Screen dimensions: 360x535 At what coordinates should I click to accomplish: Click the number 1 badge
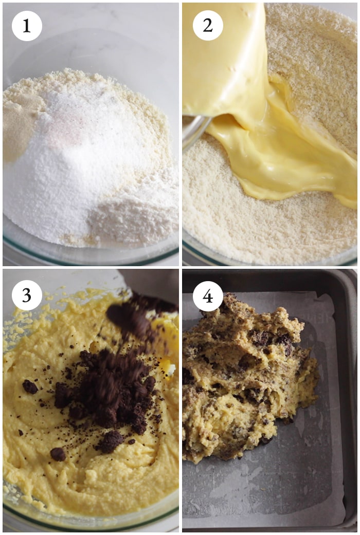[x=27, y=26]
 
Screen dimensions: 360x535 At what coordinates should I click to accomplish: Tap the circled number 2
[x=208, y=26]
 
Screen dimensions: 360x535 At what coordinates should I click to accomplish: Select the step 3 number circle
[x=27, y=295]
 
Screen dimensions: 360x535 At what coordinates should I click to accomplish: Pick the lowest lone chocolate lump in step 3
[x=58, y=454]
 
